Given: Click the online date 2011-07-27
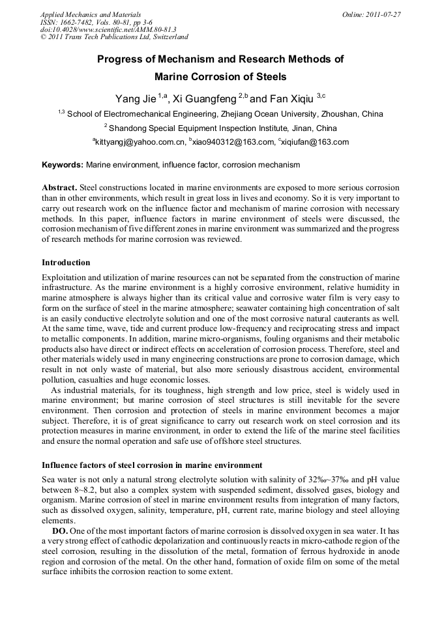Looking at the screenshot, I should tap(381, 14).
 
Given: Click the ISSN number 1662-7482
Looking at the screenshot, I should tap(74, 22).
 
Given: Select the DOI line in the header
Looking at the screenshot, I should tap(108, 30).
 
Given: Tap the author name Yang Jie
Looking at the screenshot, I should tap(135, 98).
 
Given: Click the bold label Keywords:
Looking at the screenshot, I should tap(63, 166).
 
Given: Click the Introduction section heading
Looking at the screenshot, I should tap(66, 263).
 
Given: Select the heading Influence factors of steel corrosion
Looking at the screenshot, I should tap(152, 465).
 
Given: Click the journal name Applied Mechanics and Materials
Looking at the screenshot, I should tap(91, 14).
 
